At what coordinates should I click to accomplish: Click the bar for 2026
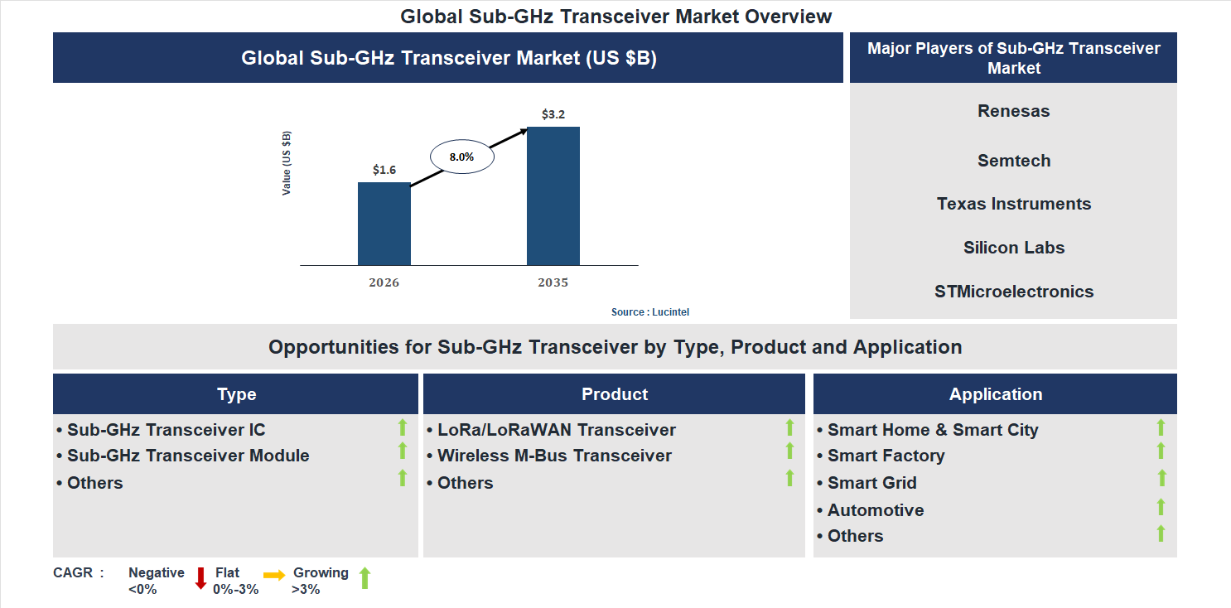point(384,224)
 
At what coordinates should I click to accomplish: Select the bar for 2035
point(553,196)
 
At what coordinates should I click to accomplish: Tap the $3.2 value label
point(553,114)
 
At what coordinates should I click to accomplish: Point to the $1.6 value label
point(384,170)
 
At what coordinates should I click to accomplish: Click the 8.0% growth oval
point(461,156)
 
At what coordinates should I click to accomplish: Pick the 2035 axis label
point(553,282)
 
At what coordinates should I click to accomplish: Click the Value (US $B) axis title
point(287,163)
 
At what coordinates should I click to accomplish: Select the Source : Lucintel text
point(650,312)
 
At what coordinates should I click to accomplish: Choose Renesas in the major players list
point(1013,111)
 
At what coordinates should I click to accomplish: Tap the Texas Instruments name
point(1013,204)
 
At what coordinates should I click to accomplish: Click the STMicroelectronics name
point(1013,292)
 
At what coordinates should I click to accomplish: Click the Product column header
point(614,394)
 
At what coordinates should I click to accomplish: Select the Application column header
point(995,394)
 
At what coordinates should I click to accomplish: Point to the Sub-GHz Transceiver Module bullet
point(188,456)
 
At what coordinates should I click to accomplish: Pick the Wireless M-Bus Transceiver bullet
point(554,456)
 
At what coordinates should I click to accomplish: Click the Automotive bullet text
point(876,510)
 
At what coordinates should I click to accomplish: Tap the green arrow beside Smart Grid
point(1161,478)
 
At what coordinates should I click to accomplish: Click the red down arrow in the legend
point(200,578)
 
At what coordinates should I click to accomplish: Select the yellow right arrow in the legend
point(274,574)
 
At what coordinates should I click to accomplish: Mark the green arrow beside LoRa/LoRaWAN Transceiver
point(789,427)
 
